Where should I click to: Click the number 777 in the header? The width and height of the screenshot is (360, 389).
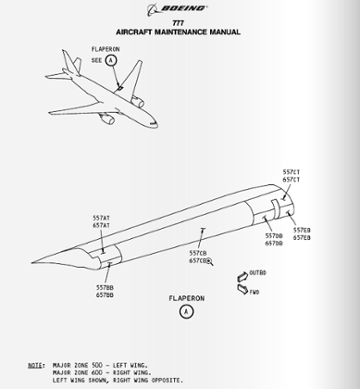[180, 22]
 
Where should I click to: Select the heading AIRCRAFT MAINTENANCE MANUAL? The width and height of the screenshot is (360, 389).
[180, 31]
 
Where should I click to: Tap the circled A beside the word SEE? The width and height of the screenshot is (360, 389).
[112, 59]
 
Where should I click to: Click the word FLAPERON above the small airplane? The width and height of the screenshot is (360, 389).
[105, 47]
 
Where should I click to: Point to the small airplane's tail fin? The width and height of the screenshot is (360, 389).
[68, 62]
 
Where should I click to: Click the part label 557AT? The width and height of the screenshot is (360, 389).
[102, 218]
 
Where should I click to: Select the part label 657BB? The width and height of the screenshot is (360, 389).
[105, 295]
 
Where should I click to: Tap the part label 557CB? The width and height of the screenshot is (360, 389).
[198, 252]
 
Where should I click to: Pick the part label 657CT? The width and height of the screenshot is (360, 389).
[291, 181]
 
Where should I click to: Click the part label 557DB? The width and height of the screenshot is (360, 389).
[274, 236]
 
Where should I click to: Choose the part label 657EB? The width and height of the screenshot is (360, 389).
[302, 238]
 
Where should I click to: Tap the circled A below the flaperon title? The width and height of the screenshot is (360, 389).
[187, 313]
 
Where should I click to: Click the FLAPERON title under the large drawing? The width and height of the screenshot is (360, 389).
[187, 298]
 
